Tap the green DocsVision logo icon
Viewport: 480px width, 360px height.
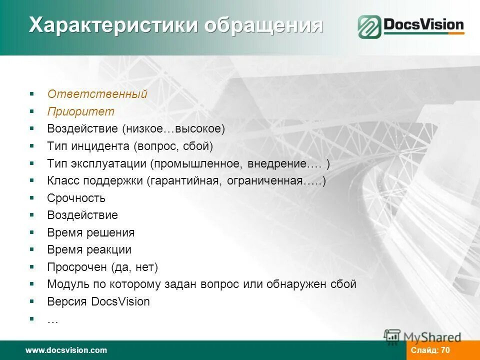tap(369, 26)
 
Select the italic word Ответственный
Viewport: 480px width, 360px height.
tap(97, 94)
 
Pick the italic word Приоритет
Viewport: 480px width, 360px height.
tap(81, 111)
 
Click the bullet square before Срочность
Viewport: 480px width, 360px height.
tap(31, 197)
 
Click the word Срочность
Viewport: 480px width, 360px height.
tap(76, 198)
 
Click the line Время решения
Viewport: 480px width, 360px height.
tap(90, 232)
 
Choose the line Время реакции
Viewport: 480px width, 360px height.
tap(89, 249)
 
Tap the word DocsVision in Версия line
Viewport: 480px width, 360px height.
tap(120, 301)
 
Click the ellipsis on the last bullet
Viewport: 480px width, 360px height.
tap(52, 320)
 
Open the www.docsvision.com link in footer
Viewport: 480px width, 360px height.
tap(66, 350)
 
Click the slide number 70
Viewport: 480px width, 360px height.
tap(445, 350)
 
